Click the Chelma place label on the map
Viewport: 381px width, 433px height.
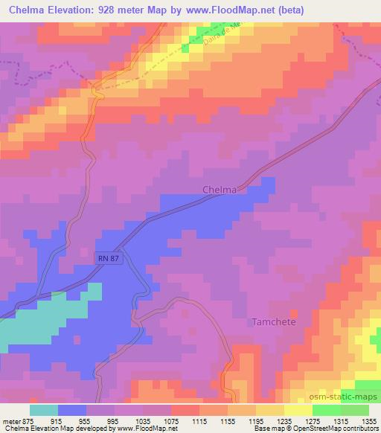coord(220,190)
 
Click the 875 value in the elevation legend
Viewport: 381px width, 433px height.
coord(28,421)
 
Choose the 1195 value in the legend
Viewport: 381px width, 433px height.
coord(254,421)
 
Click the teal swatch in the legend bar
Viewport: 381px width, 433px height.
coord(44,410)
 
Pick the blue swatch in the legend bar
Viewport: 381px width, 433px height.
coord(72,410)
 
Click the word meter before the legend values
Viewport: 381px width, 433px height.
coord(11,421)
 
